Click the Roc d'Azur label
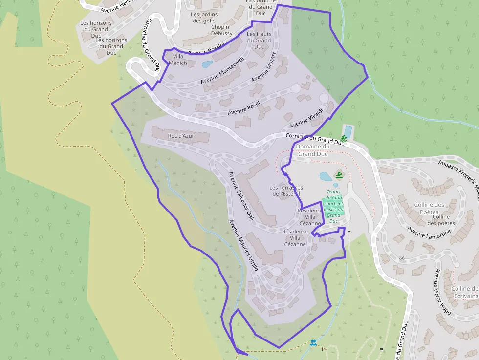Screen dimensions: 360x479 pyautogui.click(x=181, y=135)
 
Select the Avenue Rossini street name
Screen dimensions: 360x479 pyautogui.click(x=206, y=49)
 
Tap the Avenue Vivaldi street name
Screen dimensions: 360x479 pyautogui.click(x=306, y=117)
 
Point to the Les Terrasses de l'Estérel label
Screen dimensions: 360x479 pyautogui.click(x=286, y=191)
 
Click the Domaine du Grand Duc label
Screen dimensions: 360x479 pyautogui.click(x=313, y=150)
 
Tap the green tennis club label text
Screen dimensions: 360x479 pyautogui.click(x=334, y=206)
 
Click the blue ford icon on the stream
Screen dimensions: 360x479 pyautogui.click(x=313, y=343)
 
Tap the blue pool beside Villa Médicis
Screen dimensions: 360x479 pyautogui.click(x=207, y=64)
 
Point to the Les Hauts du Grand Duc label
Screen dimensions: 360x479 pyautogui.click(x=259, y=40)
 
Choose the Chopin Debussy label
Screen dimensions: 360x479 pyautogui.click(x=222, y=30)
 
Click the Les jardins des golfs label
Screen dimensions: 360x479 pyautogui.click(x=204, y=18)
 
